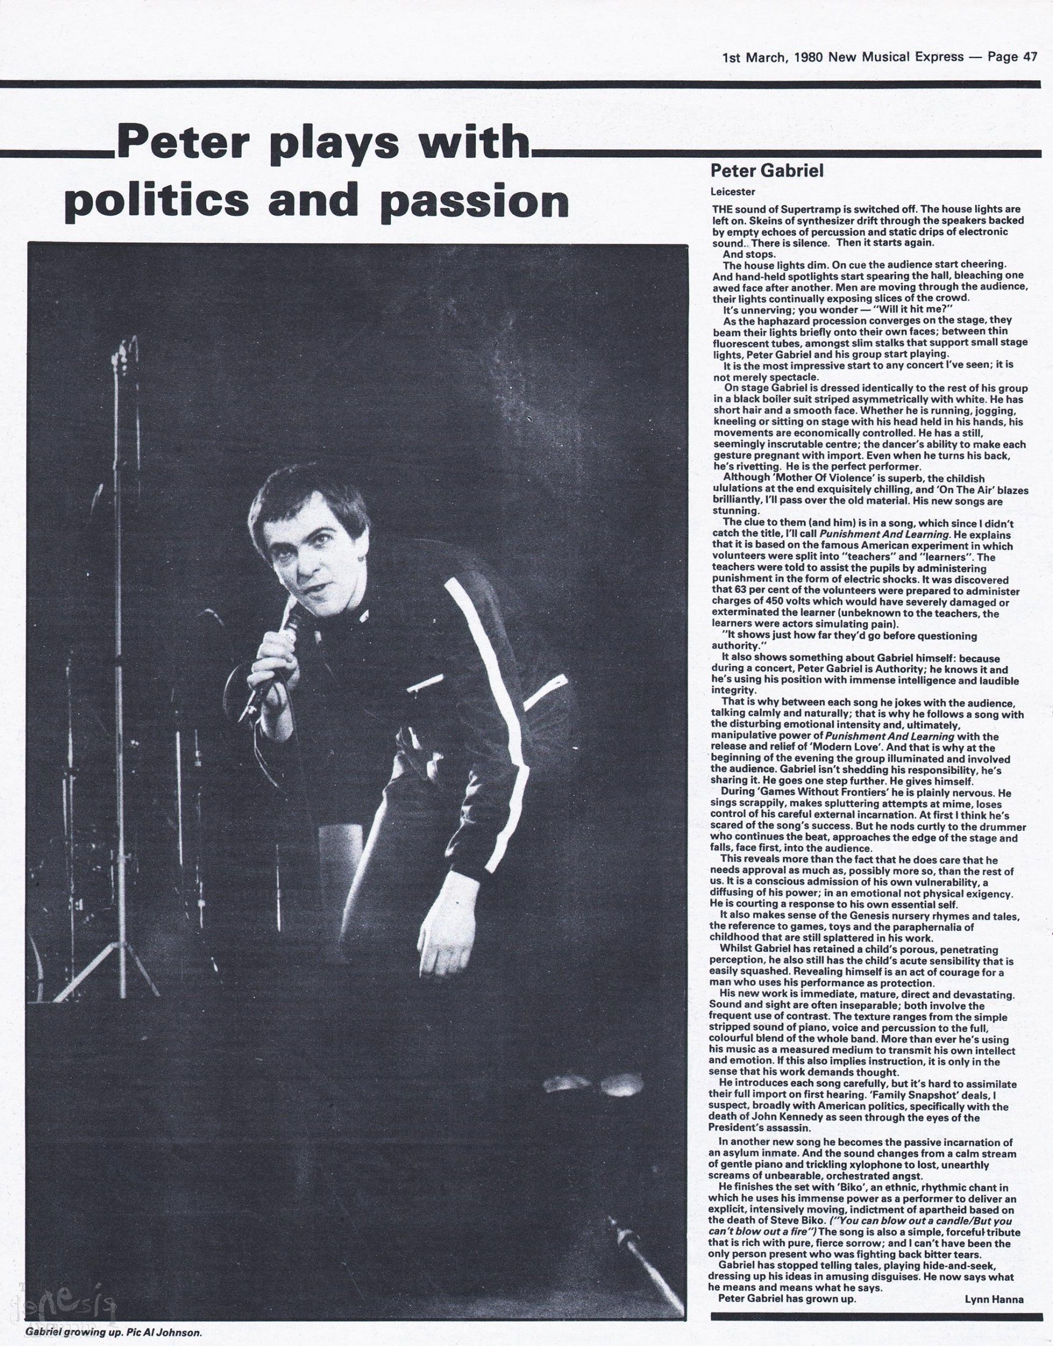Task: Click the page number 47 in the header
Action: point(1029,58)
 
